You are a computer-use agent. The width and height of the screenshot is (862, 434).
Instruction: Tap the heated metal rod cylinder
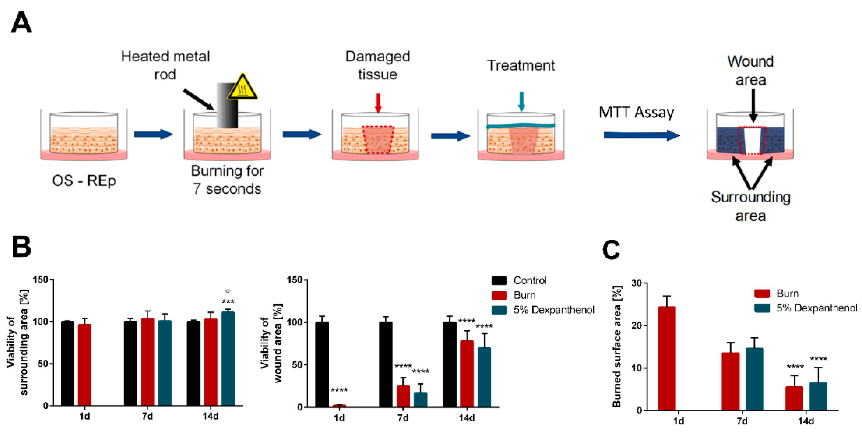click(227, 105)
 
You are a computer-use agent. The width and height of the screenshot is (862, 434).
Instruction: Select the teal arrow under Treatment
click(521, 101)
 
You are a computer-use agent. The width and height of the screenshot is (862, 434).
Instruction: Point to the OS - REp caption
click(84, 181)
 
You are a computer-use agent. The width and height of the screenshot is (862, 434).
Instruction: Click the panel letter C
click(611, 250)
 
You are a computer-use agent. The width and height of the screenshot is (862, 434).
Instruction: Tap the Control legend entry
click(530, 280)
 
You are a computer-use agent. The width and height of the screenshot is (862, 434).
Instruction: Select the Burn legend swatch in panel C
click(762, 293)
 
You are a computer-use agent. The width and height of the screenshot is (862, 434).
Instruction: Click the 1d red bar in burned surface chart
click(666, 358)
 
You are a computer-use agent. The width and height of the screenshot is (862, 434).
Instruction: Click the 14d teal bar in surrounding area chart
click(228, 358)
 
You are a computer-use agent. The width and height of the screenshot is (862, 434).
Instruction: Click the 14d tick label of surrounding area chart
click(211, 416)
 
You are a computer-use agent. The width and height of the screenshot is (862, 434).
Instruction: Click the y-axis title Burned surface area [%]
click(616, 346)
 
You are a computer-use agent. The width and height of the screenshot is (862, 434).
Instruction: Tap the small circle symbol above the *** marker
click(228, 291)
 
